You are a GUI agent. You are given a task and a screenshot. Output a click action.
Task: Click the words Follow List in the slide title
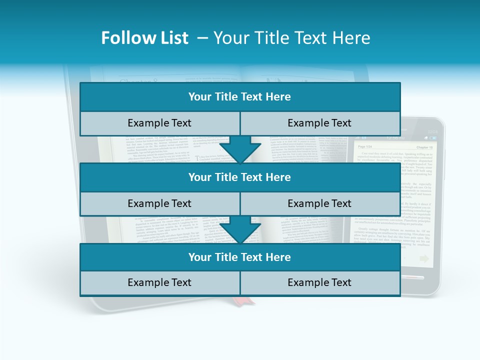(x=144, y=38)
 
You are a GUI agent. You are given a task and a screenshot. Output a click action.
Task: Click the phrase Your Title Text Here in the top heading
(x=292, y=38)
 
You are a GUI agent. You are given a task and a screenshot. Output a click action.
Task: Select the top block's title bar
(x=240, y=97)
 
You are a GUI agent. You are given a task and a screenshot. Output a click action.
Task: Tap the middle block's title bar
(x=240, y=177)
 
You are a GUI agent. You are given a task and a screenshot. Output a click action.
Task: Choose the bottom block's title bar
(x=240, y=257)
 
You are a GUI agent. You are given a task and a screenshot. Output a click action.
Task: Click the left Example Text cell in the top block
(x=159, y=123)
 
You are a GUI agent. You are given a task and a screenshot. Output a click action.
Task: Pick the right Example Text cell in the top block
(x=319, y=123)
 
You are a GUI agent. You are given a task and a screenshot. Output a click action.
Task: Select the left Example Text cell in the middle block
(x=159, y=203)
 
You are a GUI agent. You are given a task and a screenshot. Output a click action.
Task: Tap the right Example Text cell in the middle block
(x=319, y=203)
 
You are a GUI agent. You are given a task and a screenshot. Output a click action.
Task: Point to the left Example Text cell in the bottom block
(x=159, y=282)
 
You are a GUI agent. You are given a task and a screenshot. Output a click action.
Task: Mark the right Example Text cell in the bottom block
(x=319, y=282)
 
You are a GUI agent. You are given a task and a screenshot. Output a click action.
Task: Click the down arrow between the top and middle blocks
(x=240, y=149)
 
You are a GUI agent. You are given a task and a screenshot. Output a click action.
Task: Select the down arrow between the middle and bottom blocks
(x=240, y=230)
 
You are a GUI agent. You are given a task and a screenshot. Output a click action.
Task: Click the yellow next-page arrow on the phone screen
(x=424, y=258)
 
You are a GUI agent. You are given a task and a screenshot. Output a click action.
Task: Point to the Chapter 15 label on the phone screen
(x=424, y=147)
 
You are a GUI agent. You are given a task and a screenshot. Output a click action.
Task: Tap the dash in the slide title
(x=202, y=38)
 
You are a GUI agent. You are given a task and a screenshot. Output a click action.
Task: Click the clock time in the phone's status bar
(x=432, y=131)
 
